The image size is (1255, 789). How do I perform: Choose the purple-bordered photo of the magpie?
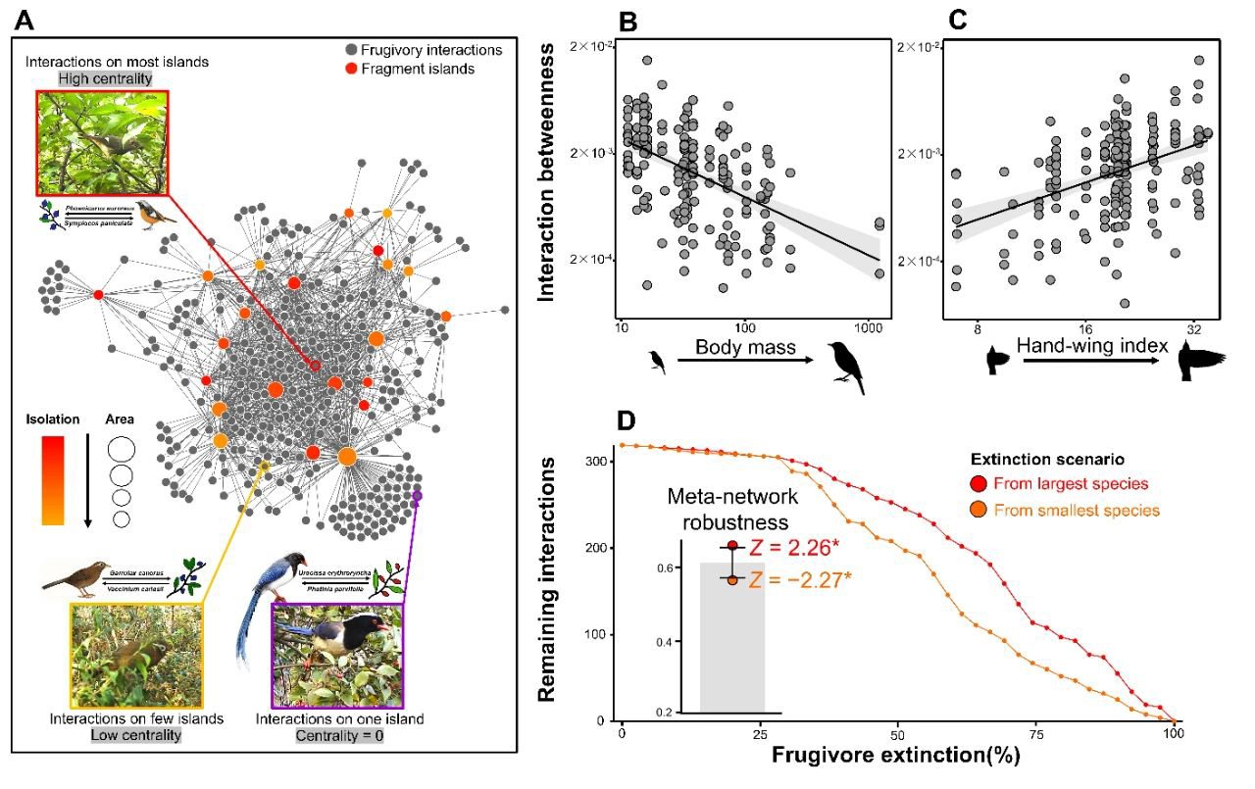click(x=337, y=654)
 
